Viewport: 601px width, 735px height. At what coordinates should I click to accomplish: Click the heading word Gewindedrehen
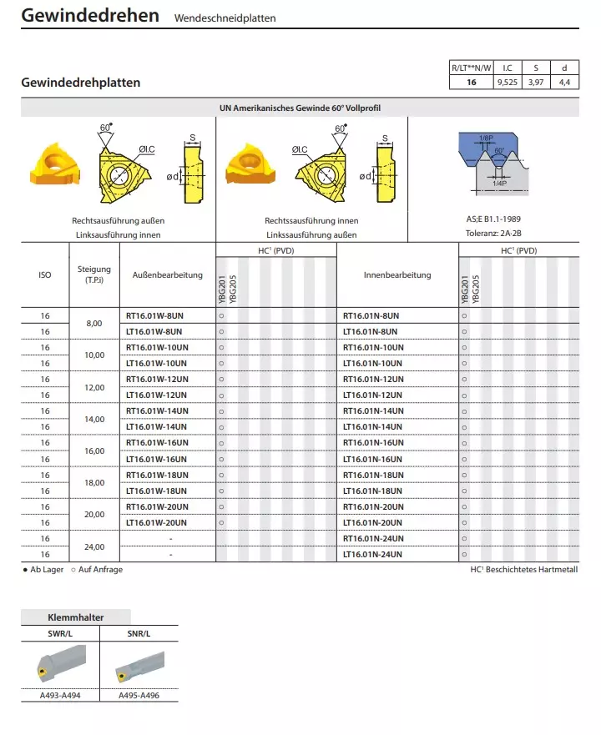click(x=90, y=16)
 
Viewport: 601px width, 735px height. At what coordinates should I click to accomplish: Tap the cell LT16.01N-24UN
click(x=373, y=555)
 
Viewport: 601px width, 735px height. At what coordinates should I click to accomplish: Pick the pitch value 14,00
click(x=94, y=419)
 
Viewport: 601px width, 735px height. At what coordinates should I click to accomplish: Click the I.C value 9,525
click(x=507, y=83)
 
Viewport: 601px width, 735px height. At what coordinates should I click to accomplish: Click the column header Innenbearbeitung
click(x=397, y=274)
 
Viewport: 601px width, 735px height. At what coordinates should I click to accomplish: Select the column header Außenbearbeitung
click(x=168, y=274)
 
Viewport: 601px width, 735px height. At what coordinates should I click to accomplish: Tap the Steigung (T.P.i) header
click(x=94, y=274)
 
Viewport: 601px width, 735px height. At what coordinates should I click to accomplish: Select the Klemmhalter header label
click(x=75, y=618)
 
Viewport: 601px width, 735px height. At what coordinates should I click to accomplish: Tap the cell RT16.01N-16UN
click(x=373, y=443)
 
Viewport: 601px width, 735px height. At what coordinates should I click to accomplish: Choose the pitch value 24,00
click(x=94, y=547)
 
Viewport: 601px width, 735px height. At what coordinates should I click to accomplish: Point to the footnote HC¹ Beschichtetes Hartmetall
click(x=524, y=570)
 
